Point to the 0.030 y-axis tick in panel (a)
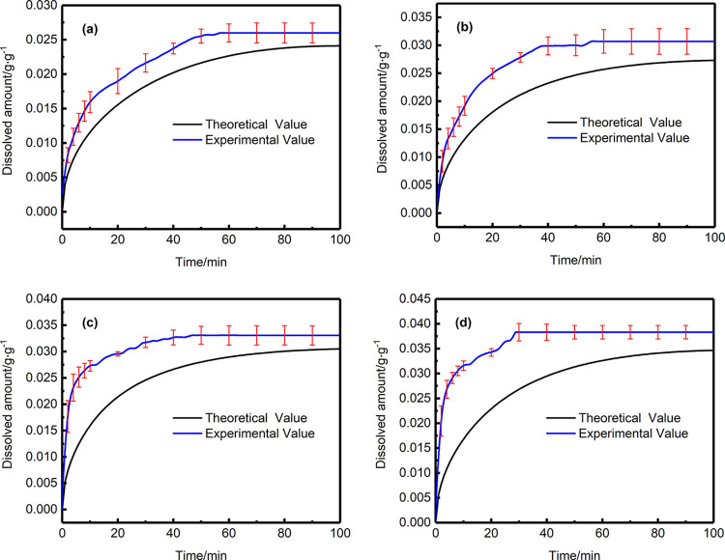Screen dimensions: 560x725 point(38,6)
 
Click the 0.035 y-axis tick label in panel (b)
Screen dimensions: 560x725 point(413,16)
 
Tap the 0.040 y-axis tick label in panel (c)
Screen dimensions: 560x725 point(38,297)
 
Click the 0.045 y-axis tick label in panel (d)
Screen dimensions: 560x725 point(413,297)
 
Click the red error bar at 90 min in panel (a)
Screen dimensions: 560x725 point(312,33)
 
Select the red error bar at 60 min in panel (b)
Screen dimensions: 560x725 point(603,41)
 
